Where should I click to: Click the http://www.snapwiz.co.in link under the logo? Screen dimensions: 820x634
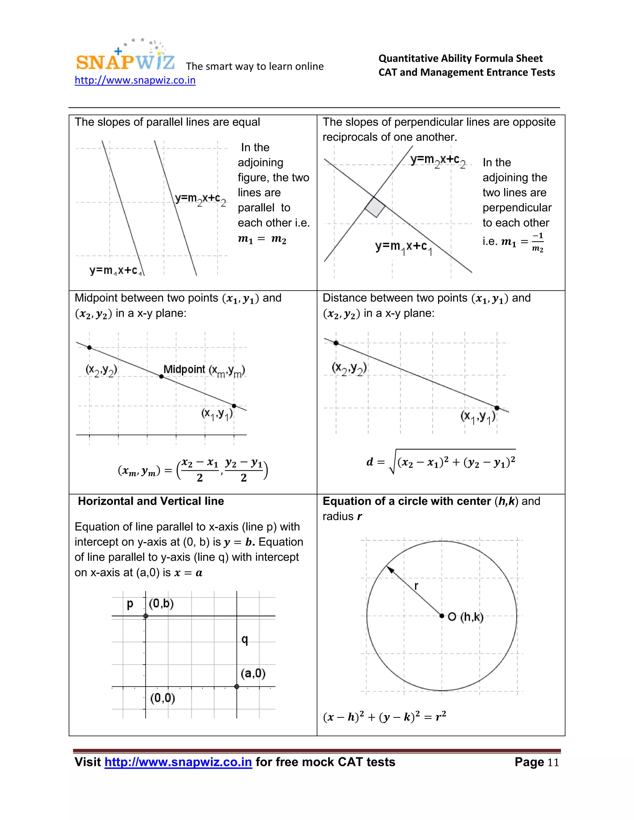tap(135, 80)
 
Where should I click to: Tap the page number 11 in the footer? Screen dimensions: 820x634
tap(553, 762)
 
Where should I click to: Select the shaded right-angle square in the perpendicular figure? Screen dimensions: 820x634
tap(375, 207)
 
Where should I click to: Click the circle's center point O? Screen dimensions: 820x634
tap(442, 616)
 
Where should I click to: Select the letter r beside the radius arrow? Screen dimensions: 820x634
tap(416, 586)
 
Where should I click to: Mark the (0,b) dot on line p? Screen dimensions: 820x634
tap(146, 616)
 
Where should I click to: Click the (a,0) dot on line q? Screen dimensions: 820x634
tap(237, 686)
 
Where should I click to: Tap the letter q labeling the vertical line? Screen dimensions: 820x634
tap(245, 640)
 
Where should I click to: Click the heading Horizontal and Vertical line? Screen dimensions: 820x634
tap(151, 501)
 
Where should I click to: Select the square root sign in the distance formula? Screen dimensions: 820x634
tap(393, 463)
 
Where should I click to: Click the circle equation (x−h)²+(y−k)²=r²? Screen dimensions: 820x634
tap(384, 717)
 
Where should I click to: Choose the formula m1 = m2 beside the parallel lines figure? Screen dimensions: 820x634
tap(262, 239)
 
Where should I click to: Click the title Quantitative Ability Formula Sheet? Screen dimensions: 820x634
tap(460, 58)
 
